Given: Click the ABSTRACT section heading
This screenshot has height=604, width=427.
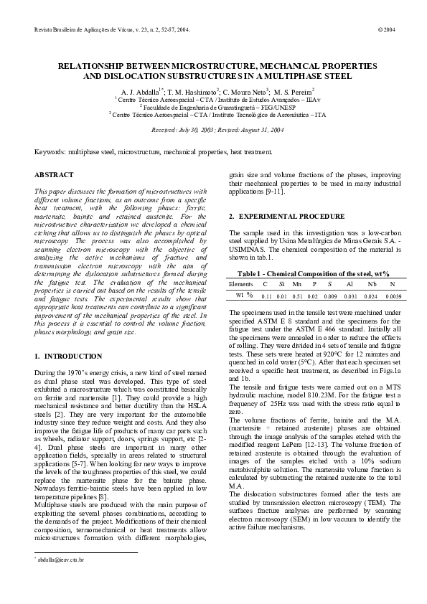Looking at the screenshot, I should pos(54,175).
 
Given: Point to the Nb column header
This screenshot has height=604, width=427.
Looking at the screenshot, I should pos(372,284).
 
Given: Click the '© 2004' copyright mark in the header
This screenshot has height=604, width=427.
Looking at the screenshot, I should pos(385,31).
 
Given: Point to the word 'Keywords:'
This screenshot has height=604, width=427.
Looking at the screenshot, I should pos(50,153).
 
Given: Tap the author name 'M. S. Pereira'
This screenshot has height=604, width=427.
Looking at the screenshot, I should pos(292,93).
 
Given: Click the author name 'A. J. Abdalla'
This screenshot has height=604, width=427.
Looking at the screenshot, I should pos(142,93).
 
